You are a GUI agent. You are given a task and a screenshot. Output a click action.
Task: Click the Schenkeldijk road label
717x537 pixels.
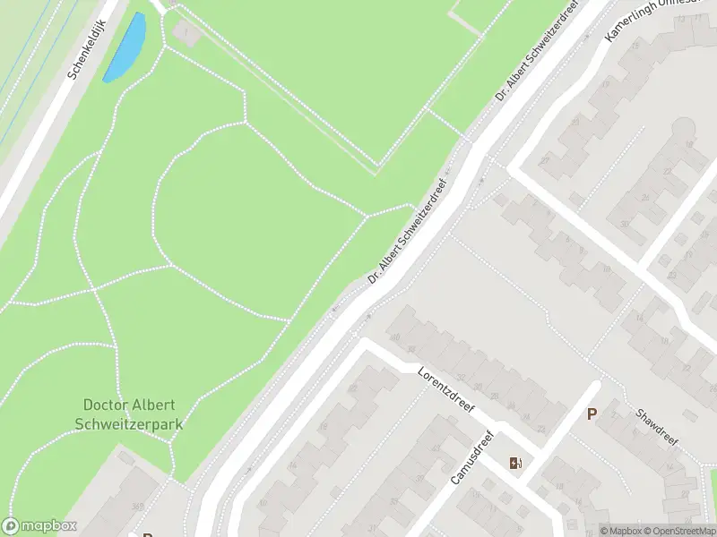[88, 48]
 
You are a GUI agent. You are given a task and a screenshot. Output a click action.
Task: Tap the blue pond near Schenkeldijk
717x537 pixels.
[125, 47]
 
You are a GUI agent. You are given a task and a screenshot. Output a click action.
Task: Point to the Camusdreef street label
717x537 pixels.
[471, 457]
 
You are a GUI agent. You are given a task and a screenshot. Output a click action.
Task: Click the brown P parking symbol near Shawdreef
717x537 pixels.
[592, 413]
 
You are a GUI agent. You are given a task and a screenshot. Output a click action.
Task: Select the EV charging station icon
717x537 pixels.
[515, 463]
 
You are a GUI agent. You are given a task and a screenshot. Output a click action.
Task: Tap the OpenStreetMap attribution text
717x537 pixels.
[674, 531]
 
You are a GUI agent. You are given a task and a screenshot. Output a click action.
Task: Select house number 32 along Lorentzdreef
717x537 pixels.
[462, 377]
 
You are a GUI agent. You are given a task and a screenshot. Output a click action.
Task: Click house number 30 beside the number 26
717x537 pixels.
[625, 225]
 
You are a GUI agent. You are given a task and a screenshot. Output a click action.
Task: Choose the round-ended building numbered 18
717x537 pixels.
[688, 143]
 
